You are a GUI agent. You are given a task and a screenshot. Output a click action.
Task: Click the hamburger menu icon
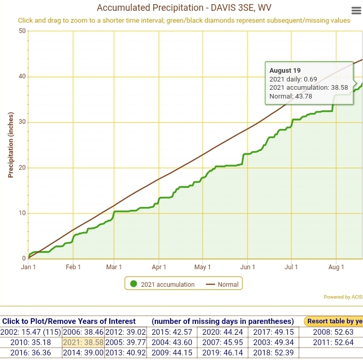click(356, 11)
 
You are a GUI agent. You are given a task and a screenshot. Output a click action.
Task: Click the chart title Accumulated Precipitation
click(150, 8)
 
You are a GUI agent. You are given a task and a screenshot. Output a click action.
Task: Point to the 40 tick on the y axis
click(22, 76)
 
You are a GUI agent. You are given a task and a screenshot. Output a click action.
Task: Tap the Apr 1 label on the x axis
click(159, 267)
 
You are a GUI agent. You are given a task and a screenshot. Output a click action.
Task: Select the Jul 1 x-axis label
click(291, 267)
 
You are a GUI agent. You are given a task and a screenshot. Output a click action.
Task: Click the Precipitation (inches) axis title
click(11, 145)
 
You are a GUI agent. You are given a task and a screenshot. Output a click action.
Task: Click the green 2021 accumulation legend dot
click(134, 284)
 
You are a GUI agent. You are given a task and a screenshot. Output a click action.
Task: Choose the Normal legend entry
click(222, 284)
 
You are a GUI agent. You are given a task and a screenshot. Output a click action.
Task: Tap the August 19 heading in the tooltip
click(285, 70)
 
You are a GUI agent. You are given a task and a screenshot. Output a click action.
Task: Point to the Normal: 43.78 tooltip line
click(291, 96)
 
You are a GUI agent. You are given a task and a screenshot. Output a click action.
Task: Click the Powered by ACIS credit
click(343, 297)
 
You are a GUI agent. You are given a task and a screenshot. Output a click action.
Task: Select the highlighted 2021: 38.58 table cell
click(83, 342)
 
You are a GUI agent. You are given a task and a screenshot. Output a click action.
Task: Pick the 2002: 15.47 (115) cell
click(31, 332)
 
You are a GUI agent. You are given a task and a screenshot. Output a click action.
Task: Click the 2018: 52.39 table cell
click(273, 352)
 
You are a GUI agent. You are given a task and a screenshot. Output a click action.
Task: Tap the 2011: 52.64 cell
click(333, 342)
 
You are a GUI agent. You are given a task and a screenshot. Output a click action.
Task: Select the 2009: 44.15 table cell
click(172, 352)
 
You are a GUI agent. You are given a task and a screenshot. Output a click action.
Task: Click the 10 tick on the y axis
click(22, 213)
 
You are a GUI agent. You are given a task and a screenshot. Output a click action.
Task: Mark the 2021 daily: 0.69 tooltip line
click(293, 79)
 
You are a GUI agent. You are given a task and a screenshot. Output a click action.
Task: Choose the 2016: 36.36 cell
click(31, 352)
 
